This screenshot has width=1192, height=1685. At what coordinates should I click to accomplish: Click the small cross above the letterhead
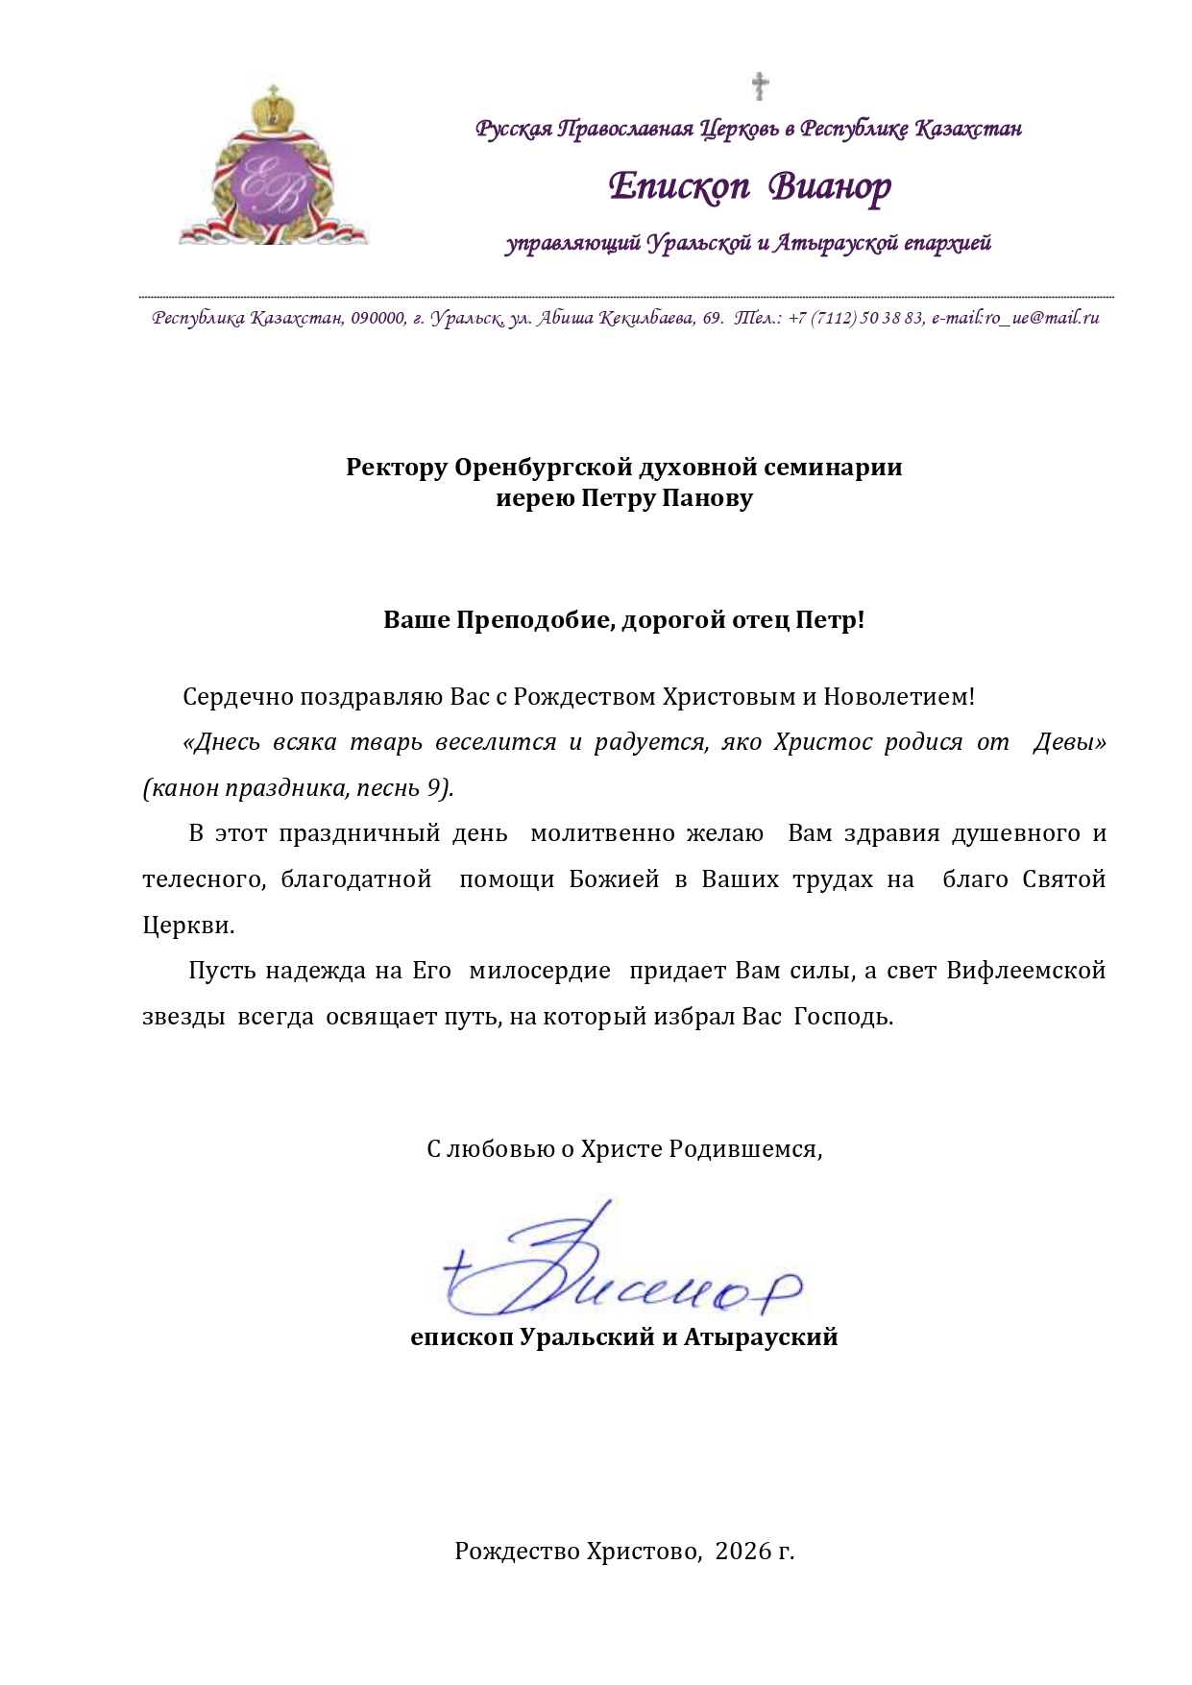760,85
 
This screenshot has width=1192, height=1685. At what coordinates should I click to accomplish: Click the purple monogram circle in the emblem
273,182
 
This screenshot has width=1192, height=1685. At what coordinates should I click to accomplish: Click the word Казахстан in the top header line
967,129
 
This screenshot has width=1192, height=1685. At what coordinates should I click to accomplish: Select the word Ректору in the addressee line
397,468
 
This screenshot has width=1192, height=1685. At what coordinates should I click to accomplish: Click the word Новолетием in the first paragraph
898,697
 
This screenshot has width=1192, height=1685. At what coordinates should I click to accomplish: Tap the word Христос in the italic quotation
822,742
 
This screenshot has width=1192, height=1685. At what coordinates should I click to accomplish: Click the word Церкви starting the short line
186,926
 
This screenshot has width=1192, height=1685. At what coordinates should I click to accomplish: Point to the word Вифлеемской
1026,971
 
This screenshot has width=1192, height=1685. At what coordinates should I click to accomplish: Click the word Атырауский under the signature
761,1336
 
